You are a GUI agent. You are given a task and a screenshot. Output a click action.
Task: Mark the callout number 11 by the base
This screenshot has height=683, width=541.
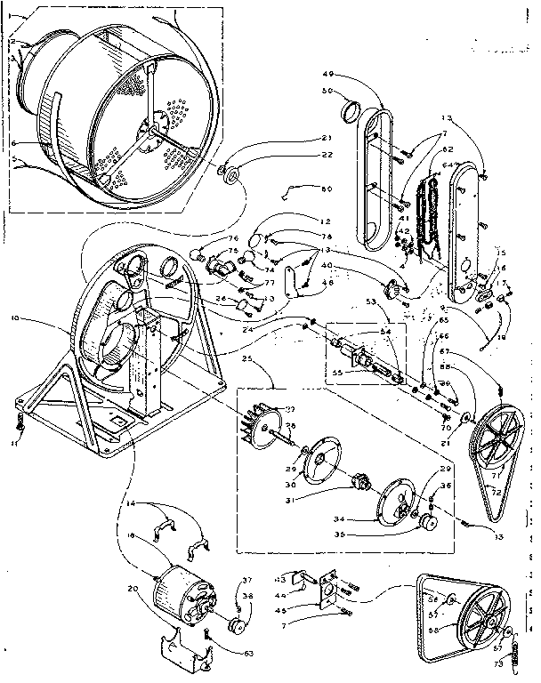pyautogui.click(x=15, y=442)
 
